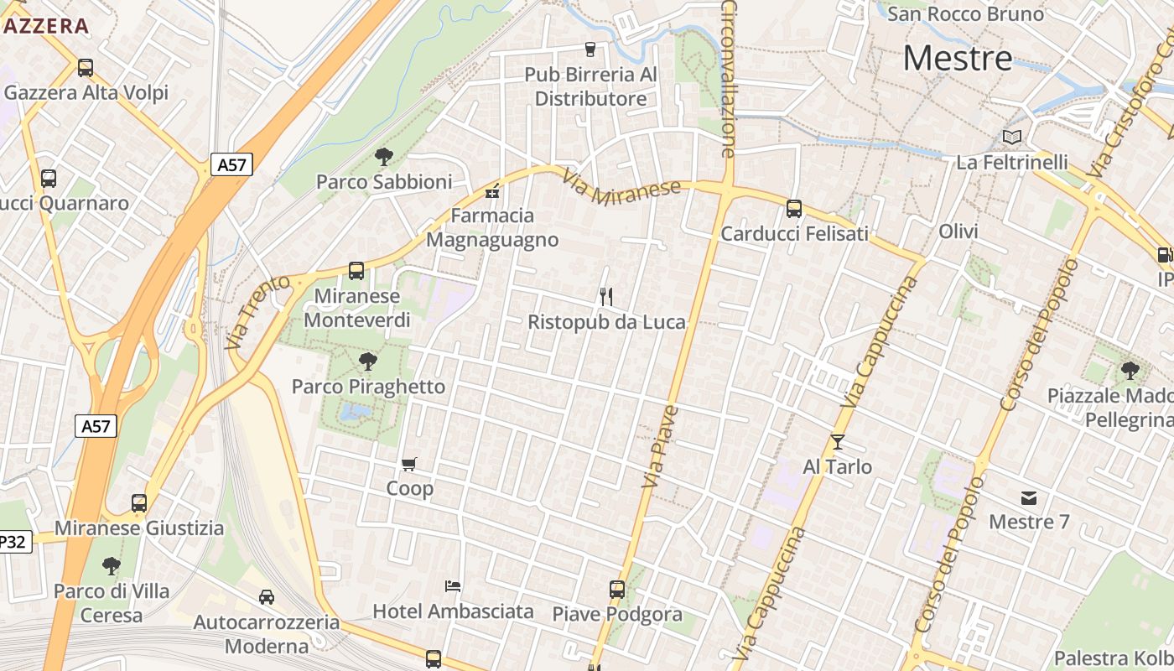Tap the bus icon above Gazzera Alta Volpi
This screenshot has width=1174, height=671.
click(x=85, y=68)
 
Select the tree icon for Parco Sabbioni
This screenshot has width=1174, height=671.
click(x=384, y=156)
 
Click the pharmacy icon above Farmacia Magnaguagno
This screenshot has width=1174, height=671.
click(x=492, y=192)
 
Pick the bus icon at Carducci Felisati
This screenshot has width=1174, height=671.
click(x=794, y=209)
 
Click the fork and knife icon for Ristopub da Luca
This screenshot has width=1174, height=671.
click(x=606, y=296)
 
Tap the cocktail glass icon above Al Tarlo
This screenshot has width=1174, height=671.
click(x=837, y=442)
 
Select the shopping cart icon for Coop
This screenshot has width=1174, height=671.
click(x=409, y=464)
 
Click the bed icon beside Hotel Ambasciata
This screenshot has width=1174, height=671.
click(x=453, y=585)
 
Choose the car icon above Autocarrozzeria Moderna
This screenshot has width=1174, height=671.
click(x=267, y=597)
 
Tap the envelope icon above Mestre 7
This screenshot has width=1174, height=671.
click(x=1029, y=498)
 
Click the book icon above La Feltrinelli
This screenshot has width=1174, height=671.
click(x=1012, y=137)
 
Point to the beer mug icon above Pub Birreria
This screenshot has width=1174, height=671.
click(x=590, y=49)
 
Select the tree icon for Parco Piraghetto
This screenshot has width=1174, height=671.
click(x=367, y=362)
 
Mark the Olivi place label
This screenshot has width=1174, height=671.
click(x=958, y=231)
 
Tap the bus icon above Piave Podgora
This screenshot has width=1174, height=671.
click(x=617, y=590)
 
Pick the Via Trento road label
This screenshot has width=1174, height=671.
click(x=257, y=312)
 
